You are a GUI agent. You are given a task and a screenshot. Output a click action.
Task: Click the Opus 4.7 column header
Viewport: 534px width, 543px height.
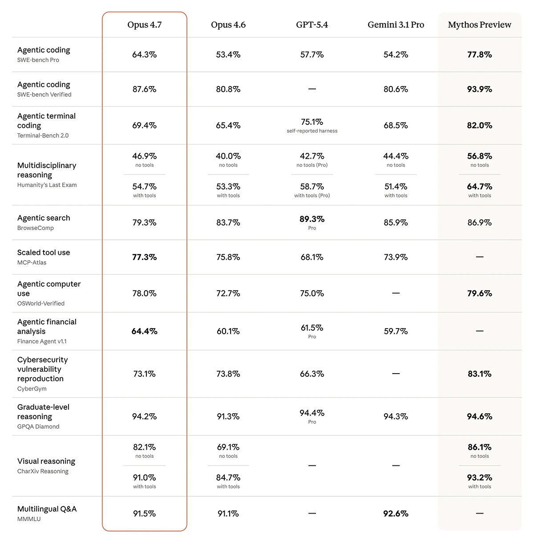[144, 25]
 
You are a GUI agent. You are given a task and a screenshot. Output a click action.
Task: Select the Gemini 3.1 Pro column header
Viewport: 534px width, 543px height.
[396, 25]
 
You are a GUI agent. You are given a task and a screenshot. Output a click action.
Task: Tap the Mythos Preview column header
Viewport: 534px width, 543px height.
[479, 25]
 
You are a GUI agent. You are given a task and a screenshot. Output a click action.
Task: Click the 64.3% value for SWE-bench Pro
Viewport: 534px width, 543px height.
[144, 55]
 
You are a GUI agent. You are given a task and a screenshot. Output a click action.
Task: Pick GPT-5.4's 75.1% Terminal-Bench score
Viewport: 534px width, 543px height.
[312, 122]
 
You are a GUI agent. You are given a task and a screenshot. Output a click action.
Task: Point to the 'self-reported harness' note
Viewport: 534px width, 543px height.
[312, 131]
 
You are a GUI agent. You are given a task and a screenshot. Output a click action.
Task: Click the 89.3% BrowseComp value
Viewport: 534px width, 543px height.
[312, 219]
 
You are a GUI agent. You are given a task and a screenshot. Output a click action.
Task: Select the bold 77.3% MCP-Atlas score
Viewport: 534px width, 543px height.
[144, 257]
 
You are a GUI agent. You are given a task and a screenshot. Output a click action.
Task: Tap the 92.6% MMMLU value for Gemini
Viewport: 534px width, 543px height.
[396, 514]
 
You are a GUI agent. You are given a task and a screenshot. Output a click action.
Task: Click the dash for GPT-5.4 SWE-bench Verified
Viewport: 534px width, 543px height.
[312, 89]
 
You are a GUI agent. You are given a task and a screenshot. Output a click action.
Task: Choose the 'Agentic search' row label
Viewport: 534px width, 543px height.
[44, 218]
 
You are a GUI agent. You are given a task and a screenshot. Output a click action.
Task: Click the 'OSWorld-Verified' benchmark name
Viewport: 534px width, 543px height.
[41, 304]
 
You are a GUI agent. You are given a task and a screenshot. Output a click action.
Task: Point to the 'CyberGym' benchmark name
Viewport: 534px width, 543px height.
[32, 389]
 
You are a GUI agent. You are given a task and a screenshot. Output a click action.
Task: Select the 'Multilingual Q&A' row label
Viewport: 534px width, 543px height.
[47, 509]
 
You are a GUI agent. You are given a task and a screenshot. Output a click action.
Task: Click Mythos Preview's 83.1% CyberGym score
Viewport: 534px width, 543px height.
[479, 374]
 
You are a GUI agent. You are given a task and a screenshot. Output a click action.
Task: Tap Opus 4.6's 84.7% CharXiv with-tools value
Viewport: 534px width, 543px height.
[228, 477]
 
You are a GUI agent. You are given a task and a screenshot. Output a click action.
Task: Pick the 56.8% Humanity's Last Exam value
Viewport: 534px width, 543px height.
[479, 156]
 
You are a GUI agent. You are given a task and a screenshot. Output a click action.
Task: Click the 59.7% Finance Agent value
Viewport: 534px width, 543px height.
[396, 331]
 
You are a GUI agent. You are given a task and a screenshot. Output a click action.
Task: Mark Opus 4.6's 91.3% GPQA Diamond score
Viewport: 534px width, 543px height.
[228, 416]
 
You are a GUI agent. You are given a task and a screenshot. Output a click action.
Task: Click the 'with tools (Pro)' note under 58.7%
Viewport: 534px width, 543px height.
[312, 196]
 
